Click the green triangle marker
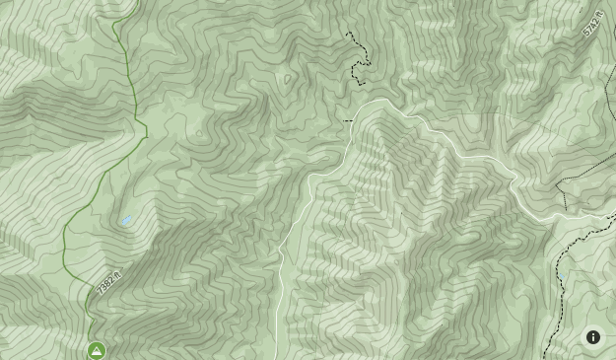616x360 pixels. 97,350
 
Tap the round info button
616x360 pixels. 593,337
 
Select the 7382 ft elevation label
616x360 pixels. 108,283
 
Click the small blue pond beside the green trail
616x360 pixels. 126,221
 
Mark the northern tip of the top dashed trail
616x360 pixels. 347,33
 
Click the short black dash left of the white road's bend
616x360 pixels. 347,121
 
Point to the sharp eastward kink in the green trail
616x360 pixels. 147,129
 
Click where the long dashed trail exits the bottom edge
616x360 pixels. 544,358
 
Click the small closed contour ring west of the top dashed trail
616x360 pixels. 288,79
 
